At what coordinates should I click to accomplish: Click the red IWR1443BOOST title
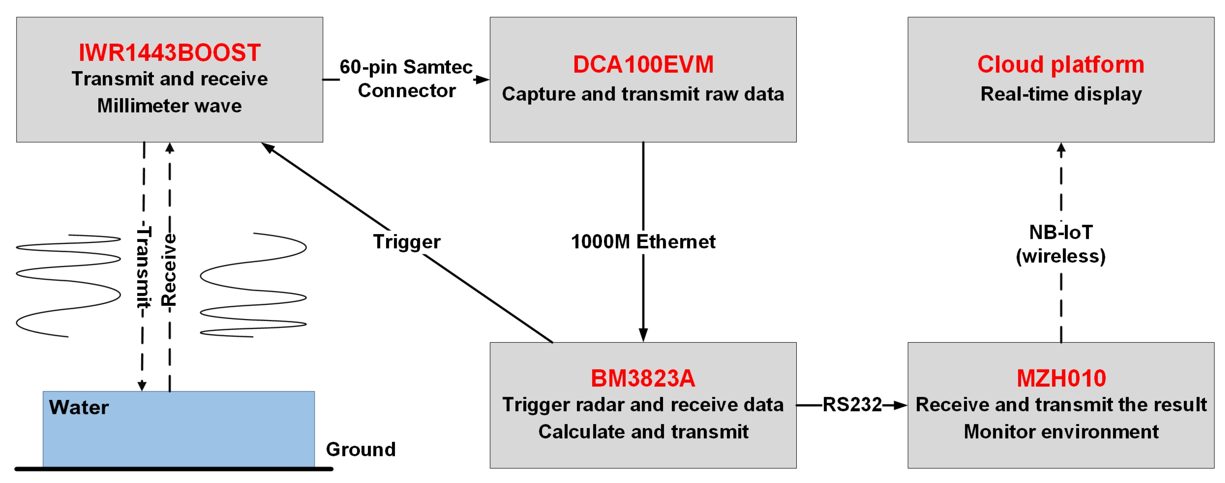pos(169,52)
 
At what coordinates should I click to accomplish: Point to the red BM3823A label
pos(643,378)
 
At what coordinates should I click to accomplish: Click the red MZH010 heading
pos(1061,378)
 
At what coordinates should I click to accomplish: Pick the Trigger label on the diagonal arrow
pos(407,242)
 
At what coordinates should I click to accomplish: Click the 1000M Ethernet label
pos(643,242)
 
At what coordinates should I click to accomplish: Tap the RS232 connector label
pos(852,405)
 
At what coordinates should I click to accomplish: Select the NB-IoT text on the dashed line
pos(1061,232)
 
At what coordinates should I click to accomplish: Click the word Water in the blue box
pos(79,408)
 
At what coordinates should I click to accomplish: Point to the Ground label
pos(360,449)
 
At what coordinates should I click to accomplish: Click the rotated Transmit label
pos(143,267)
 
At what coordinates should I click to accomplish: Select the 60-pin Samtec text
pos(406,67)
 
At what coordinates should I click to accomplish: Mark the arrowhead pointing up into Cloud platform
pos(1061,148)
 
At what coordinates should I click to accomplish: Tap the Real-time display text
pos(1061,94)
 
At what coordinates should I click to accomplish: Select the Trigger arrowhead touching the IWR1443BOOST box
pos(268,147)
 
